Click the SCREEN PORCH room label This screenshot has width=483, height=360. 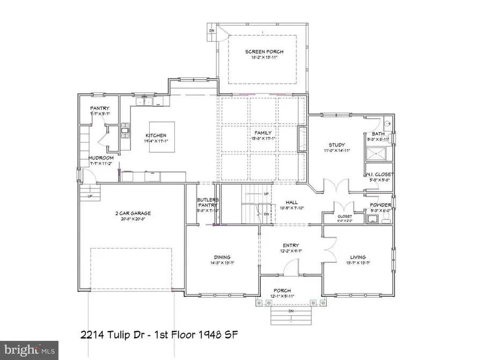point(264,52)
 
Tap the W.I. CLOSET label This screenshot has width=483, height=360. point(380,174)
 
